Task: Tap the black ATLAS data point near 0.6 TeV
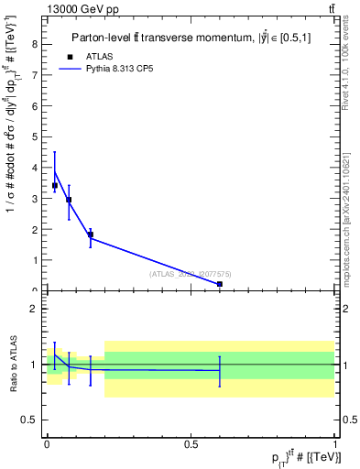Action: (x=220, y=284)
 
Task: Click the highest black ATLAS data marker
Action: (x=55, y=186)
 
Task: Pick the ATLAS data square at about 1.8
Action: (x=90, y=234)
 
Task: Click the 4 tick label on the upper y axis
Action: (x=34, y=168)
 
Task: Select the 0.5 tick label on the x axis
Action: (x=191, y=443)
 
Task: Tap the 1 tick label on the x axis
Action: (x=335, y=443)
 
